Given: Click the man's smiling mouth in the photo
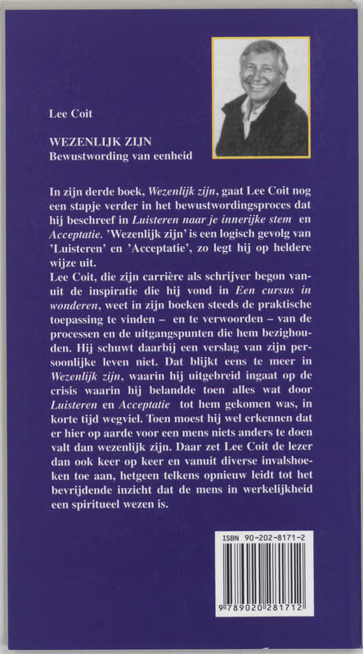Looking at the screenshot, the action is click(x=253, y=84).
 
